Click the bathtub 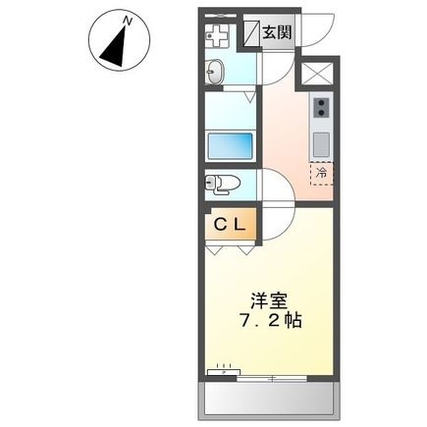coord(232,144)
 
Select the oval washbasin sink coord(215,71)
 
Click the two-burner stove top coord(321,109)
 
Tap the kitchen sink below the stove coord(321,140)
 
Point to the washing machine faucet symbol coord(216,36)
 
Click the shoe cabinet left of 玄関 coord(250,31)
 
